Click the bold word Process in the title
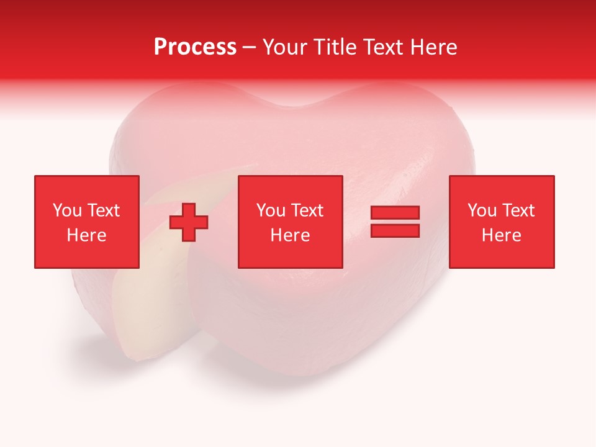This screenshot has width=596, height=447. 195,47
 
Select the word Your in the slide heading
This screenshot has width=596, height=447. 284,47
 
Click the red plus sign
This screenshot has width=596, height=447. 189,222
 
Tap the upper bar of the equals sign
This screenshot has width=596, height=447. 395,212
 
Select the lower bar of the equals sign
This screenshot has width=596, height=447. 395,230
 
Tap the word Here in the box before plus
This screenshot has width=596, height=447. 86,235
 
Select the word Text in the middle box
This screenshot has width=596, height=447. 307,210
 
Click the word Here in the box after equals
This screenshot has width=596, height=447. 502,235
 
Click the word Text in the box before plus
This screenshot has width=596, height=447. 103,210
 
